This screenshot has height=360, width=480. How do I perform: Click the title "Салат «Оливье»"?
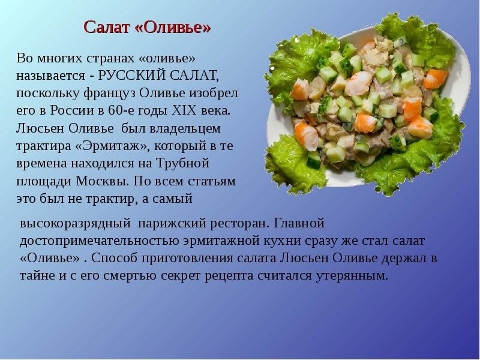click(147, 27)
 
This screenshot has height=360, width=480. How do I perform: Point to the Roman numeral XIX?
click(184, 110)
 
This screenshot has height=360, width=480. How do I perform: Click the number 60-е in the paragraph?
click(121, 110)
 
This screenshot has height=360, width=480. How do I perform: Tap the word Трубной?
click(183, 163)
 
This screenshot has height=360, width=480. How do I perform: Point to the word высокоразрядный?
click(76, 223)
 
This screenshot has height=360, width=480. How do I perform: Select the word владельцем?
click(185, 128)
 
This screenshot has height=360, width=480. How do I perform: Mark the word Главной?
click(298, 223)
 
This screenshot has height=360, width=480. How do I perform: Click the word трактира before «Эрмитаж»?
click(43, 146)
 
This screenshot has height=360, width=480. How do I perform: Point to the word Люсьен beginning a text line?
click(40, 128)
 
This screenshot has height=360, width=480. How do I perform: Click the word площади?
click(44, 182)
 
